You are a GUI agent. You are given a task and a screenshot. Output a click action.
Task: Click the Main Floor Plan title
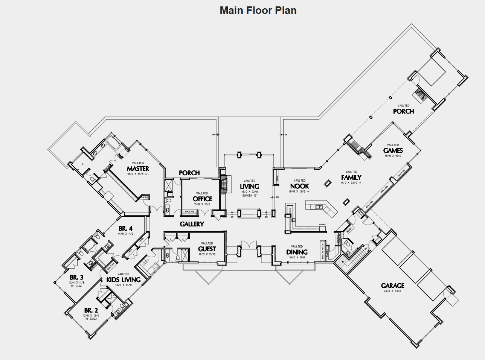point(258,10)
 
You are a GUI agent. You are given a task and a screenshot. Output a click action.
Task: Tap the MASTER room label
point(138,169)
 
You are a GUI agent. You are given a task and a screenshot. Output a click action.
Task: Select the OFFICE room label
point(202,199)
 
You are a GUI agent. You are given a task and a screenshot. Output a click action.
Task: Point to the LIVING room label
point(249,186)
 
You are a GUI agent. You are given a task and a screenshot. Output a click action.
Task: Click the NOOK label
point(299,186)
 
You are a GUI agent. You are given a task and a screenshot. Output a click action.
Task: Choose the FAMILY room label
point(351,178)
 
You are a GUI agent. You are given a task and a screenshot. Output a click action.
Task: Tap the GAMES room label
point(393,150)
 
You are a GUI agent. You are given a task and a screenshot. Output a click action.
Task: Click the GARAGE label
point(392,286)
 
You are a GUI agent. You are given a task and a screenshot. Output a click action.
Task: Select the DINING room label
point(297,252)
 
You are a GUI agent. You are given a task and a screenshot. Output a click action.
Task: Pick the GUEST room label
point(207,249)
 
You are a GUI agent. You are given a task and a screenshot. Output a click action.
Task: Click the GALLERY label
point(192,224)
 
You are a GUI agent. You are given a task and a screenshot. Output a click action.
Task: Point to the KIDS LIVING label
point(123,280)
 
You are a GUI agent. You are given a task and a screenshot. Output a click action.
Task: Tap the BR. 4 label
point(125,229)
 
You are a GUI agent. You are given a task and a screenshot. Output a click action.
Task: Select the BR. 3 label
point(76,278)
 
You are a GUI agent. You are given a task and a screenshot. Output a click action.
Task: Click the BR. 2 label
point(91,310)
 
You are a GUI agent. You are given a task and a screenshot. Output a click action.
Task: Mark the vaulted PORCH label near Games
point(403,111)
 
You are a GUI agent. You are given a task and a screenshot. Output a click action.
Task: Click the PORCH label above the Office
point(189,173)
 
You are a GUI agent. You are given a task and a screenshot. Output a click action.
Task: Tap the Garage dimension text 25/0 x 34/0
point(392,291)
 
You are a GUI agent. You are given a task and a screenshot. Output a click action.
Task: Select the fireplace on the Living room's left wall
point(224,185)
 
